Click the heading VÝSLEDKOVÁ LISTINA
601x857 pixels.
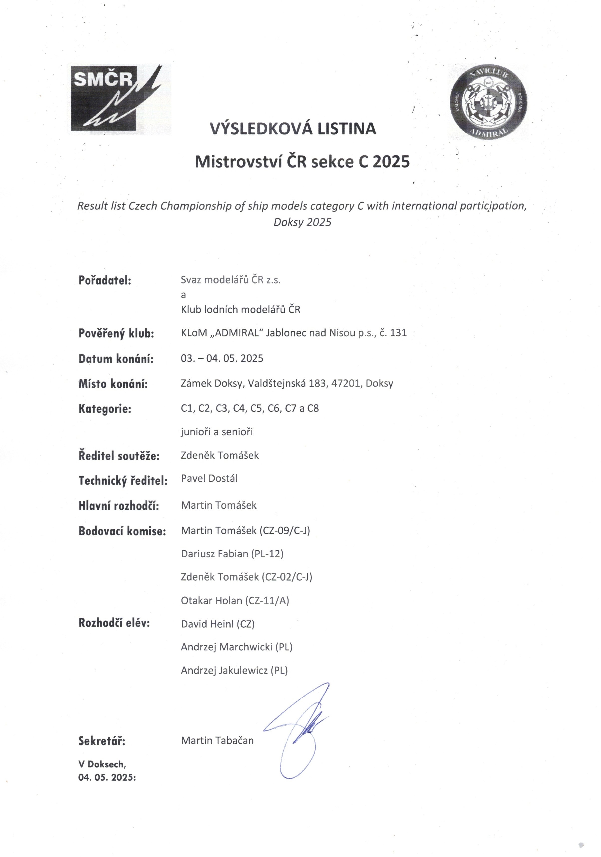293,129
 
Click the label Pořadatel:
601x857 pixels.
105,280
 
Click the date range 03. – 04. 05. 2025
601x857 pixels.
222,358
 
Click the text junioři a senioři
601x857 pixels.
217,432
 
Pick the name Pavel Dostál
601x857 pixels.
209,478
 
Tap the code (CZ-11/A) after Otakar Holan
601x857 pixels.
267,601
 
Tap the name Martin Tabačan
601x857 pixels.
217,741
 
